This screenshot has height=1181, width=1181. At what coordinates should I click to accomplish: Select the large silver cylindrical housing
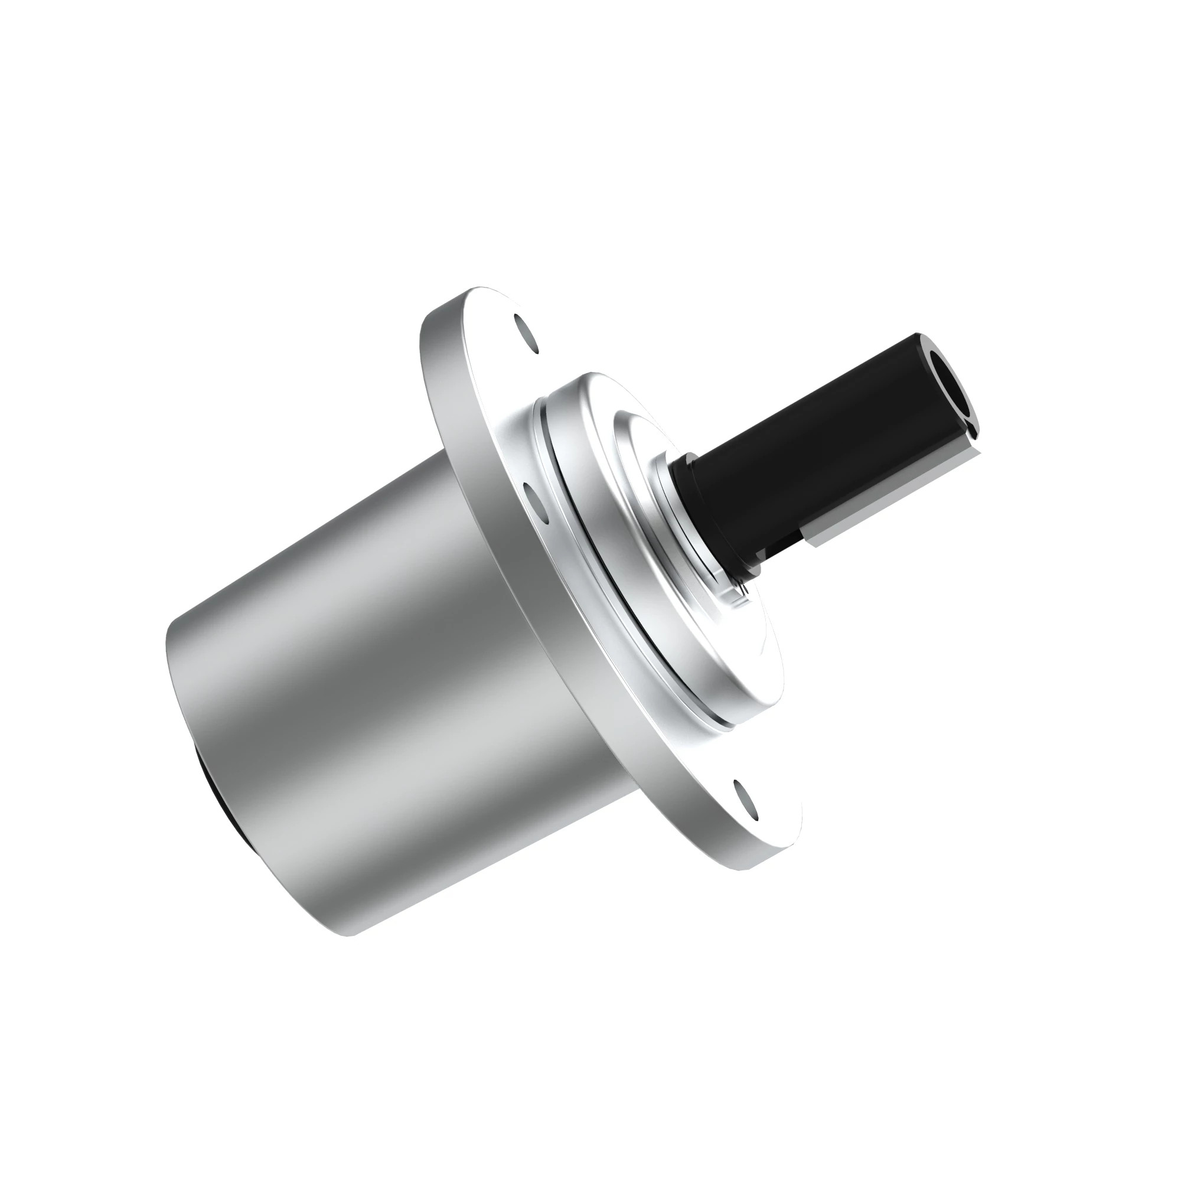click(367, 703)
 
